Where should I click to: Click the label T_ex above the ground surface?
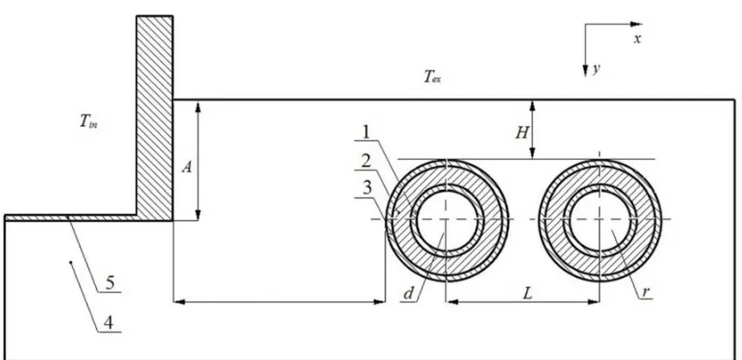[432, 77]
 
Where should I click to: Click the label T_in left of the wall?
[89, 122]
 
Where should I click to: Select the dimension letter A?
[187, 167]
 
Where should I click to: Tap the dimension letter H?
[522, 133]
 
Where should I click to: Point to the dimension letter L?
[527, 294]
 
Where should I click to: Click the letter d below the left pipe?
[408, 294]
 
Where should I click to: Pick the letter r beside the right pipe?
[645, 292]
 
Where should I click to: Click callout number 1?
[366, 132]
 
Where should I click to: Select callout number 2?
[366, 162]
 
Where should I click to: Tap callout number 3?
[366, 188]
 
